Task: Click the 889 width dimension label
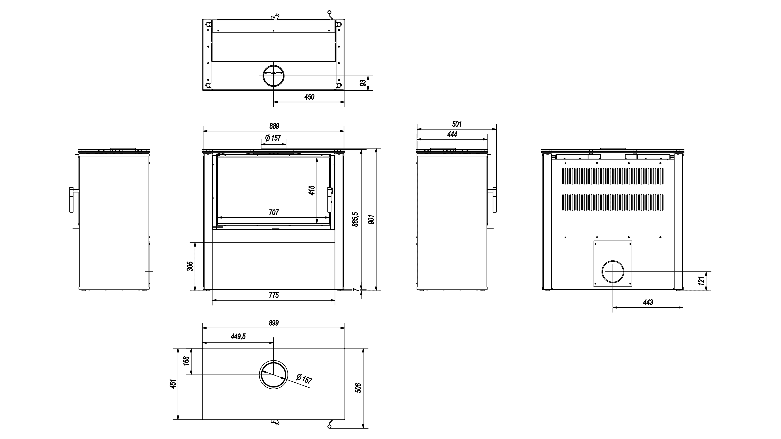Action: tap(274, 126)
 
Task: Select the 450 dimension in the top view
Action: tap(309, 97)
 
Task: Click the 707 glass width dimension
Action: tap(274, 212)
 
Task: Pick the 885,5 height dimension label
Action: tap(356, 219)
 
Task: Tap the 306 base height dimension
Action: tap(190, 266)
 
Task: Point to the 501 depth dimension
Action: tap(457, 124)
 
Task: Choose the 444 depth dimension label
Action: tap(452, 134)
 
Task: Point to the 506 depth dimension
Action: tap(358, 388)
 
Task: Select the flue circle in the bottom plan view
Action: tap(273, 375)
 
